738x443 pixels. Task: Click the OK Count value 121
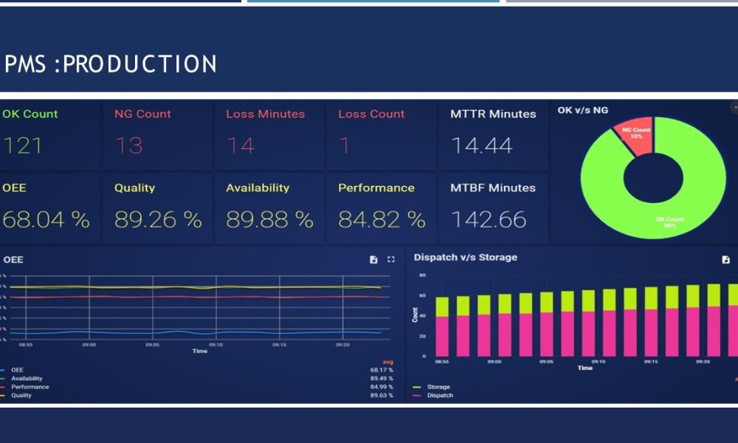click(x=23, y=145)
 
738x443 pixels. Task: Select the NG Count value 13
click(x=128, y=145)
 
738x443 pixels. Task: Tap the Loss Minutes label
click(x=265, y=114)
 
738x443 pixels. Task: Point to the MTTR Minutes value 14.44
click(x=482, y=145)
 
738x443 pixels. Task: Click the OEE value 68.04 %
click(x=45, y=219)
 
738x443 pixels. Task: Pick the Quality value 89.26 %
click(x=158, y=219)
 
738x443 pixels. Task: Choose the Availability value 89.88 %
click(x=269, y=219)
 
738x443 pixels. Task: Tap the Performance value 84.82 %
click(x=382, y=219)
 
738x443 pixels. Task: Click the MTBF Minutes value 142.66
click(x=489, y=219)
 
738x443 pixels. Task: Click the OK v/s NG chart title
click(x=583, y=110)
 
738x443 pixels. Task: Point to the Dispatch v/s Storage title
click(x=466, y=258)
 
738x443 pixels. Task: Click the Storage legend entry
click(x=438, y=387)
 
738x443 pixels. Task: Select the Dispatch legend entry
click(x=440, y=396)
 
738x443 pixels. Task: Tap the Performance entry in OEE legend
click(x=30, y=387)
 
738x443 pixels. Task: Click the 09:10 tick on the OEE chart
click(x=215, y=344)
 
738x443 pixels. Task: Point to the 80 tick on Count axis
click(x=423, y=275)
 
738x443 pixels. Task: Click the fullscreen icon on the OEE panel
click(x=391, y=260)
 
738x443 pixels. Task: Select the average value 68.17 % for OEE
click(x=382, y=370)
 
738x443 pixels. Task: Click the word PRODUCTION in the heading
click(x=139, y=65)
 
